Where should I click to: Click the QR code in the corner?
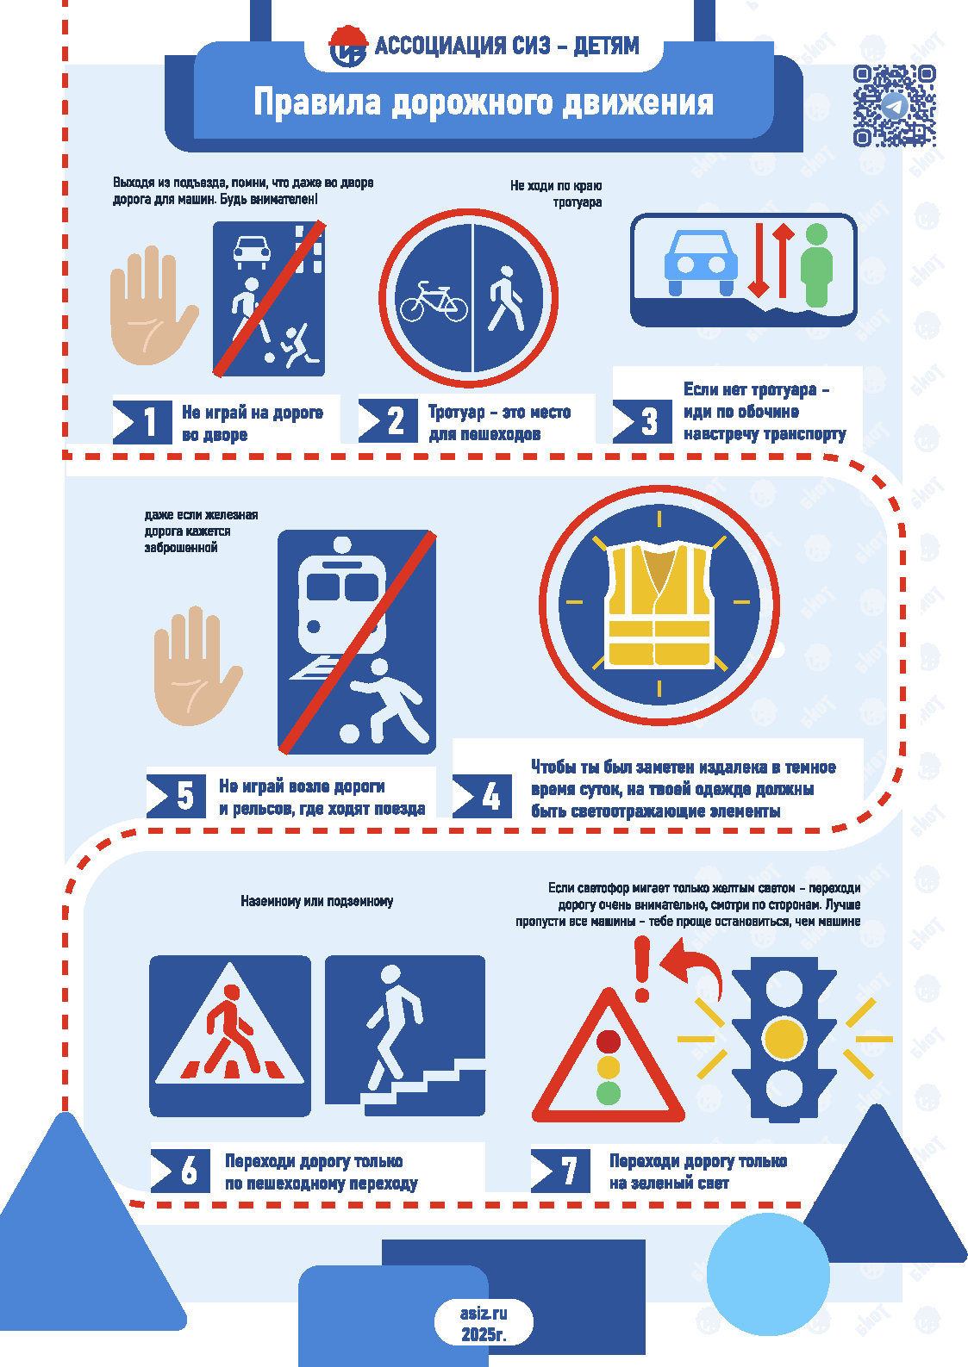point(894,106)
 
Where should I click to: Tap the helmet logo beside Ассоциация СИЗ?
point(348,46)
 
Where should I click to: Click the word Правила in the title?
point(317,102)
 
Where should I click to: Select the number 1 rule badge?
point(142,422)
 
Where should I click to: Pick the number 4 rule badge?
point(482,797)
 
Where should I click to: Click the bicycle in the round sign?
point(434,301)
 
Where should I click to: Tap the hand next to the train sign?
point(197,666)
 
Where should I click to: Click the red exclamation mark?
point(642,969)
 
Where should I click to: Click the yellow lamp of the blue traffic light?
point(784,1038)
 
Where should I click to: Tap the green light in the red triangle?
point(608,1093)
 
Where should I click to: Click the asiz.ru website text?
point(483,1313)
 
